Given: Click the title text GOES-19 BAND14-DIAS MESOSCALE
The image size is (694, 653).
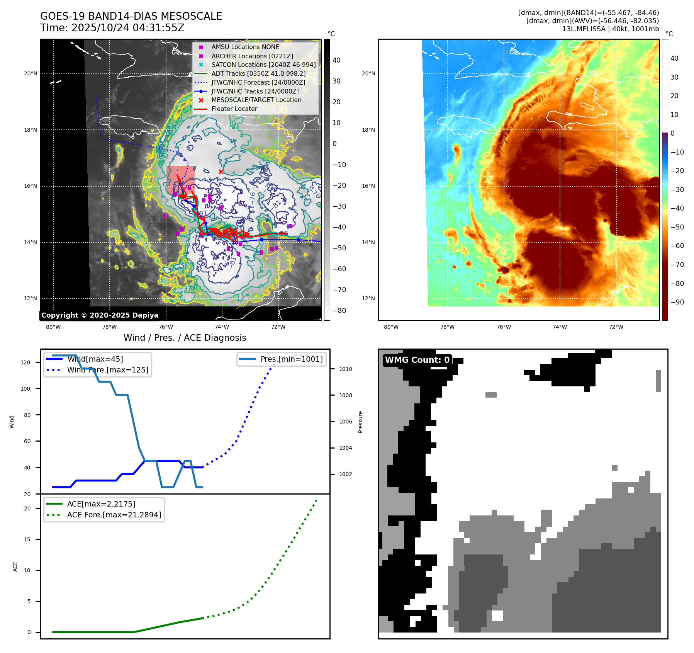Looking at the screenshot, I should pos(131,16).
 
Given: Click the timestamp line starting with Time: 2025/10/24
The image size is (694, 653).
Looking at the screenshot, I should pos(112,28).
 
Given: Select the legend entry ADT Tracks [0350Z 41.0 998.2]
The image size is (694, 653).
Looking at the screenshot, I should pos(258,73).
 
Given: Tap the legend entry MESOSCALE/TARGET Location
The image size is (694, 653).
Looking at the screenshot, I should pos(256,100).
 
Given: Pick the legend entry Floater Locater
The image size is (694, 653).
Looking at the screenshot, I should pos(234,109).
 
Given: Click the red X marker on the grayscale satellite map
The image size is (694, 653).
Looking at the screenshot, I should pos(221,172).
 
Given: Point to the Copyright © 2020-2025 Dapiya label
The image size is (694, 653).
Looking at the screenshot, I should pos(100,315).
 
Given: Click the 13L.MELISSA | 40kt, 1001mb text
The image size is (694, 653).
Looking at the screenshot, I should pos(610,29).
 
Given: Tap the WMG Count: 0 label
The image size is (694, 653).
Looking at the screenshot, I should pos(417,360).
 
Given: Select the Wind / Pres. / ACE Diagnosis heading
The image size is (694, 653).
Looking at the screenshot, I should pos(185,338).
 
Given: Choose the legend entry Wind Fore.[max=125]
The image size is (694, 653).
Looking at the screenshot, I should pos(107,370).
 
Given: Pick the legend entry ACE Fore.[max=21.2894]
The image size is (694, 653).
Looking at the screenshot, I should pos(114,515).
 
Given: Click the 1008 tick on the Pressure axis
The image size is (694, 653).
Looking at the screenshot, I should pos(345,395).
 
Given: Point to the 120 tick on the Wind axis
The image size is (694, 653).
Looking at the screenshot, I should pos(25,362).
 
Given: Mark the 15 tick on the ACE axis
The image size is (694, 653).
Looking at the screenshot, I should pos(27,539).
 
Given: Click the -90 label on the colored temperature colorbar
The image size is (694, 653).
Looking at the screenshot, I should pos(677,302).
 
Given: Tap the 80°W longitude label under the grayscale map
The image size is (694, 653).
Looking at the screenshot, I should pos(53,327).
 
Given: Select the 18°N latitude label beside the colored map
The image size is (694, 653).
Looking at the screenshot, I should pos(368,130).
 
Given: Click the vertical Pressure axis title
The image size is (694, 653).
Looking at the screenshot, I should pos(360,422).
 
